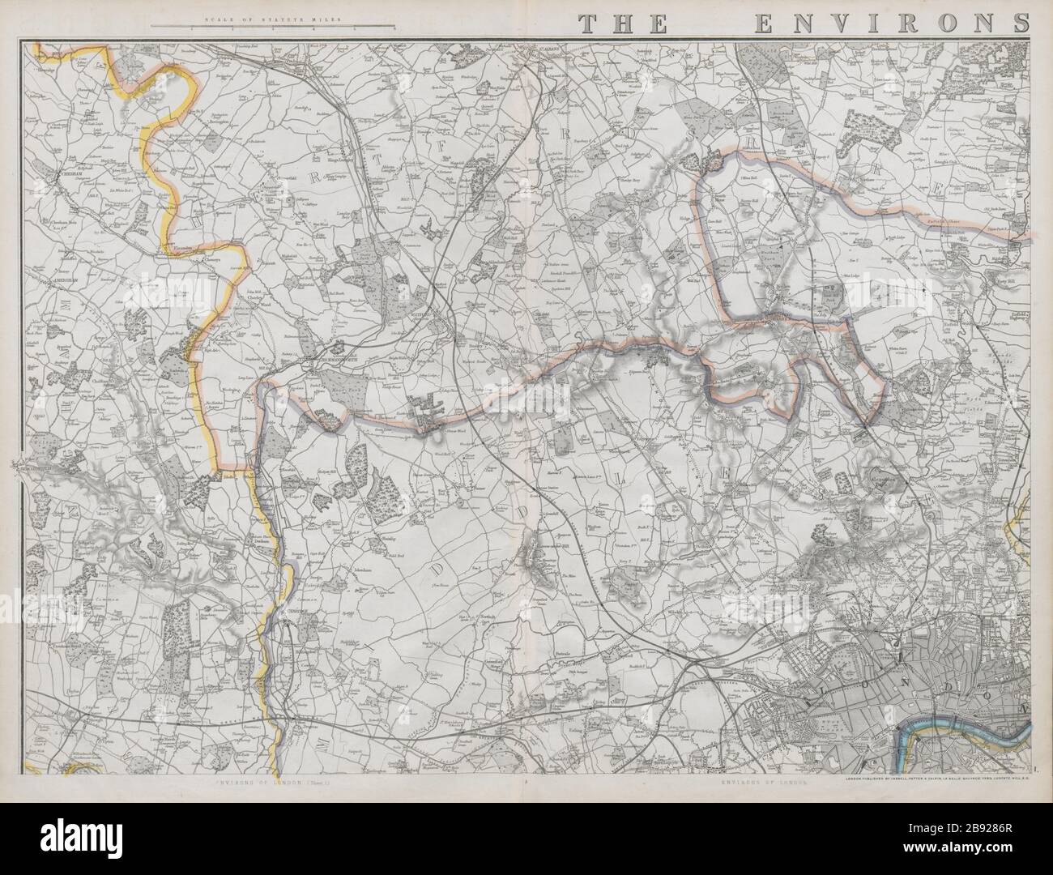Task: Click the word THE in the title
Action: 624,24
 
